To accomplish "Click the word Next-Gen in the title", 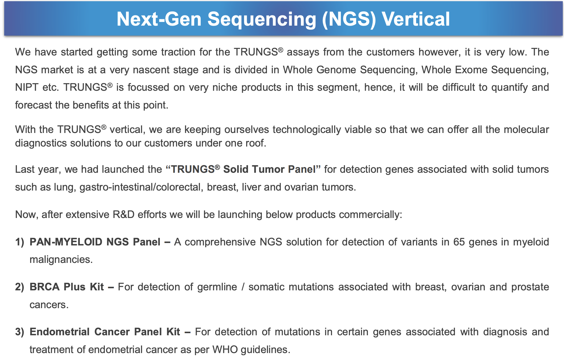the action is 159,19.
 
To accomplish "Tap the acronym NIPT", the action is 27,87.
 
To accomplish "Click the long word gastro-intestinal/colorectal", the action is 141,187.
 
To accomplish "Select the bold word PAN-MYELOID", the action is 66,242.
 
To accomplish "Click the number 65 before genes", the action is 459,242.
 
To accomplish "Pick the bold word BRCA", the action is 45,287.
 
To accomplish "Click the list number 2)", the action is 20,287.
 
